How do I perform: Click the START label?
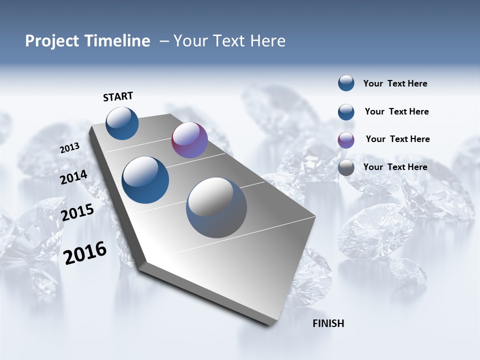(x=118, y=96)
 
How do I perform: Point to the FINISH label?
(x=328, y=323)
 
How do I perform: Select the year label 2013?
(x=69, y=148)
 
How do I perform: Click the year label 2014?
(x=73, y=177)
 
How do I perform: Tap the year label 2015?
(x=77, y=212)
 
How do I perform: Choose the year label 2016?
(x=85, y=252)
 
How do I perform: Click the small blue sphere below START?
(x=122, y=123)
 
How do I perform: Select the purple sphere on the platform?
(x=189, y=140)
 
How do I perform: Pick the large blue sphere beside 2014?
(x=145, y=180)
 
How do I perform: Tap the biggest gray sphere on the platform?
(x=216, y=207)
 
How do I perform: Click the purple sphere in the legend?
(x=346, y=140)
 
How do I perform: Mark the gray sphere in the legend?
(x=346, y=168)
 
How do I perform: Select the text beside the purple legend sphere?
(x=397, y=139)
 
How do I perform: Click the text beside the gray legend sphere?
(x=395, y=167)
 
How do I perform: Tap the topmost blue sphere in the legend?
(x=346, y=83)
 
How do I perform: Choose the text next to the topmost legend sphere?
(x=395, y=83)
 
